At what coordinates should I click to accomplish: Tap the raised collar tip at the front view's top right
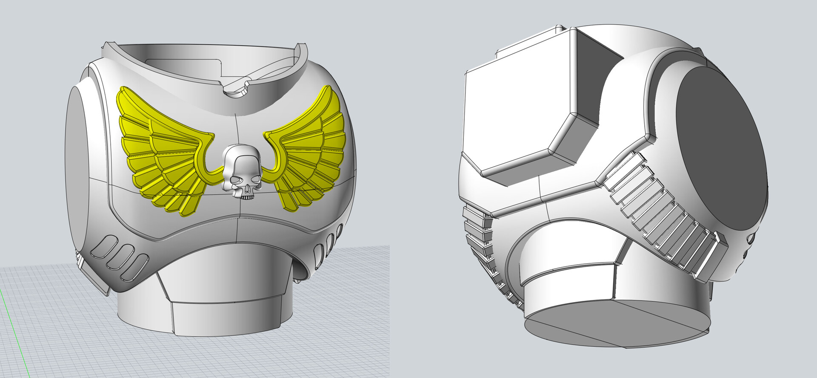coord(303,47)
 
